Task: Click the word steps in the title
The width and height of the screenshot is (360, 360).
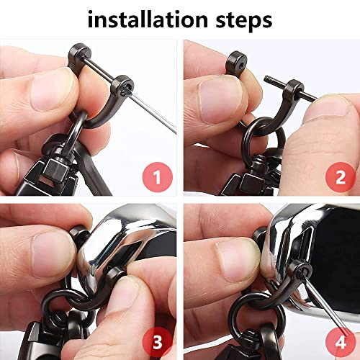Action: coord(243,20)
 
